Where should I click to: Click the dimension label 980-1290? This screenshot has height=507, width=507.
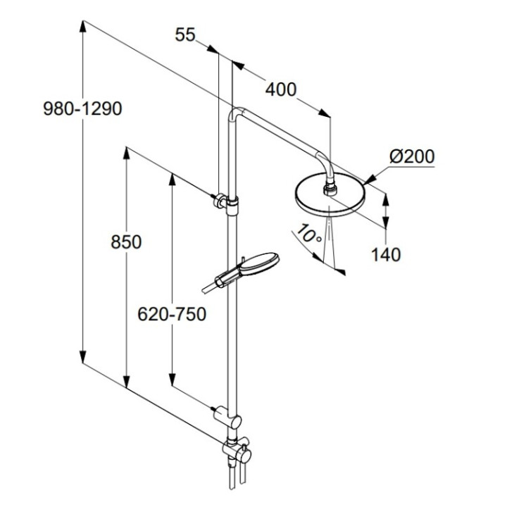pos(82,109)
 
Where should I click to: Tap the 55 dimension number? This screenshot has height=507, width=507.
pos(184,34)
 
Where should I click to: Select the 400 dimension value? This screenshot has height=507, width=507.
pos(281,89)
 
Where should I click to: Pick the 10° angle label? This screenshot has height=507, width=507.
pos(308,232)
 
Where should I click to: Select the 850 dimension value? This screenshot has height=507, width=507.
pos(126,242)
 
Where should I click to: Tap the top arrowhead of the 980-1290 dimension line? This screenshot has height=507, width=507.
pos(84,27)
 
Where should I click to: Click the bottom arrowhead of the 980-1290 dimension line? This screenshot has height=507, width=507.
pos(84,358)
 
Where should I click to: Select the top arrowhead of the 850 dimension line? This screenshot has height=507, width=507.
pos(127,153)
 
